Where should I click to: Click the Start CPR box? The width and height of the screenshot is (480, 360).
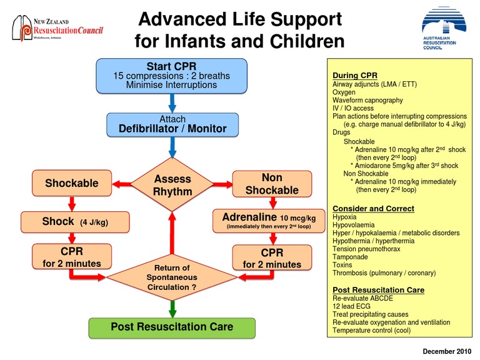tap(171, 76)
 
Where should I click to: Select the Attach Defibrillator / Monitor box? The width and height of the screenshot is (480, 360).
tap(172, 125)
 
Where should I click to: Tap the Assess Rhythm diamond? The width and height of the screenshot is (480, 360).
tap(172, 185)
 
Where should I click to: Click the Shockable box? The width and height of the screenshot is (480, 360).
tap(72, 183)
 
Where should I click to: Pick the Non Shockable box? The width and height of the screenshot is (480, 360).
tap(272, 183)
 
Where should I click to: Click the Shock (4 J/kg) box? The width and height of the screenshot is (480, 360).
tap(76, 222)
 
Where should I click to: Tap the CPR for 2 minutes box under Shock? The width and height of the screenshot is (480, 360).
tap(72, 257)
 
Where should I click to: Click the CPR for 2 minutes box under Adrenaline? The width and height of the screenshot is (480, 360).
tap(272, 257)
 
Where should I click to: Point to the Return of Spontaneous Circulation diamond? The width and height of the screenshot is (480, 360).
tap(172, 276)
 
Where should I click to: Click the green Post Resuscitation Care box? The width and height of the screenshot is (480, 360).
tap(172, 327)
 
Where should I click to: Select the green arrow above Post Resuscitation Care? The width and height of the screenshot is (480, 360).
tap(172, 307)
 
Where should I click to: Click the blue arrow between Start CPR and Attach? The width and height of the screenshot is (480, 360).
tap(172, 102)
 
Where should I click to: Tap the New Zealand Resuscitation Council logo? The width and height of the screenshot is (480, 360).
tap(57, 29)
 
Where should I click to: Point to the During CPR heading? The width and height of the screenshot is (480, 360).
tap(354, 75)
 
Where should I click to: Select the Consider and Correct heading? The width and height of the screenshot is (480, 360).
tap(372, 208)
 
